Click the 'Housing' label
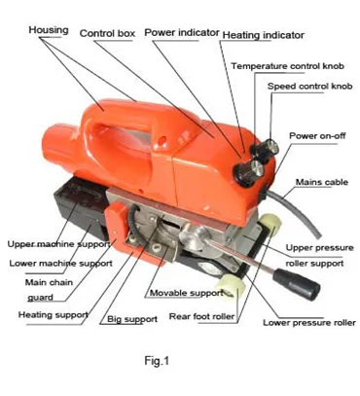coord(49,30)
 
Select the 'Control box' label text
coord(107,33)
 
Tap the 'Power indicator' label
coord(182,32)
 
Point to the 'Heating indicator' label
coord(264,35)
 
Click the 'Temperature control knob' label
coord(287,66)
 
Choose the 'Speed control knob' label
coord(309,87)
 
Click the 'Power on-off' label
coord(317,135)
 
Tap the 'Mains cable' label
coord(322,182)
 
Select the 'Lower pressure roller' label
coord(309,323)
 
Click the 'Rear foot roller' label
coord(201,316)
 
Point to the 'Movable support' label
coord(187,293)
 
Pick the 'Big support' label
coord(132,319)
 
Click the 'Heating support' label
coord(54,314)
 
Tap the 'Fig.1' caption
coord(157,361)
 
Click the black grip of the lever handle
coord(297,285)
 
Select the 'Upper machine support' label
coord(58,244)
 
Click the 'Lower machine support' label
coord(60,264)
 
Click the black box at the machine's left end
coord(81,205)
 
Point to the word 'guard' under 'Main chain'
coord(40,298)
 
